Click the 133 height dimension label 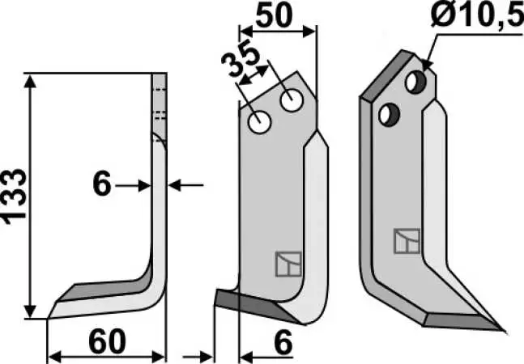tap(14, 197)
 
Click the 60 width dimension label tap(107, 341)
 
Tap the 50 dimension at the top tap(274, 15)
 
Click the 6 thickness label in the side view tap(101, 184)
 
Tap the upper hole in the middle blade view tap(292, 100)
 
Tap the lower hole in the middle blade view tap(260, 122)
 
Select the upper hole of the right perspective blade tap(415, 82)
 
